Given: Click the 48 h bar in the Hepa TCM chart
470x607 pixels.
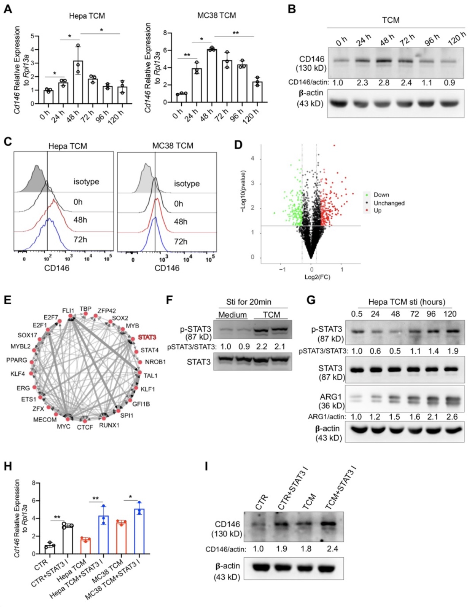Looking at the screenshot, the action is pos(78,82).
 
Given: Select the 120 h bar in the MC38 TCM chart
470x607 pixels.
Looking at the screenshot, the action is pos(257,92).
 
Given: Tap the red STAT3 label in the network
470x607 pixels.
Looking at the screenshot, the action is pos(147,337).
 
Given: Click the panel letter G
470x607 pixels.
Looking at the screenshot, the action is pos(311,300).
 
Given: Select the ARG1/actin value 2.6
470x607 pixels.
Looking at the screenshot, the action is pos(451,417).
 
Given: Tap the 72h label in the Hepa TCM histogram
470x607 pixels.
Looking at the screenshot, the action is pos(80,239).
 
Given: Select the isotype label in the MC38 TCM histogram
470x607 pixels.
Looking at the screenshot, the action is pos(186,183).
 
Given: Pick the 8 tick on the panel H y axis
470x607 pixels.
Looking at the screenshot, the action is pos(33,483).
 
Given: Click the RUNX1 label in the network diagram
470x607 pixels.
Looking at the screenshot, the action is pos(109,426).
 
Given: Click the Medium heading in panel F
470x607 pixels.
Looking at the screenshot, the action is pos(232,315).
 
